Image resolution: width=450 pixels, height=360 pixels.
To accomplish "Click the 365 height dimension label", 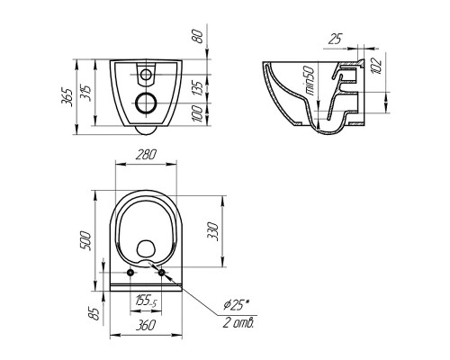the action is coord(67,97).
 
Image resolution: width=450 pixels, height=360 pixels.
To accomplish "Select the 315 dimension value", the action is coord(85,93).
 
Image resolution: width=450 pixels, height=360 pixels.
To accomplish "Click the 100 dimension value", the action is coord(197,113).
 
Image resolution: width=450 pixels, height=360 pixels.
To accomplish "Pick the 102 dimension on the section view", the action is coord(376,66).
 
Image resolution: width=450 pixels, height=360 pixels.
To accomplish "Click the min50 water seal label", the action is coord(310,81).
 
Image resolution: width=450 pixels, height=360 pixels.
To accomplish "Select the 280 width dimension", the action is coord(146,155).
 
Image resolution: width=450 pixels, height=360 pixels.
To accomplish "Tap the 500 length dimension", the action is coord(85,240).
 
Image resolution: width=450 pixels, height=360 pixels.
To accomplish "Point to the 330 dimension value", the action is coord(212,231).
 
